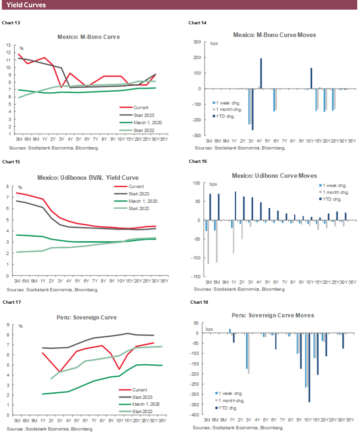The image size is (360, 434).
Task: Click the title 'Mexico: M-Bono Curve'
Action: pos(89,37)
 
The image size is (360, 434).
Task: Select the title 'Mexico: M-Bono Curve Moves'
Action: pos(274,35)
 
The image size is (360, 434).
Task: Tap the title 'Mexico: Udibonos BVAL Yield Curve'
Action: pos(89,178)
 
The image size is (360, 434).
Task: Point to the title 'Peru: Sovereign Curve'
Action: pos(89,317)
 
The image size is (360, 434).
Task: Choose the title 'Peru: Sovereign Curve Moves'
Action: pos(274,315)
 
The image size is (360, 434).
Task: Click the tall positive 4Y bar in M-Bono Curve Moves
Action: pos(261,73)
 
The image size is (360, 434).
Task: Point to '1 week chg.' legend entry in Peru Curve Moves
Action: pos(230,393)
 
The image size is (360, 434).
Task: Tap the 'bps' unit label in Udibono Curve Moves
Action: pos(214,184)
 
